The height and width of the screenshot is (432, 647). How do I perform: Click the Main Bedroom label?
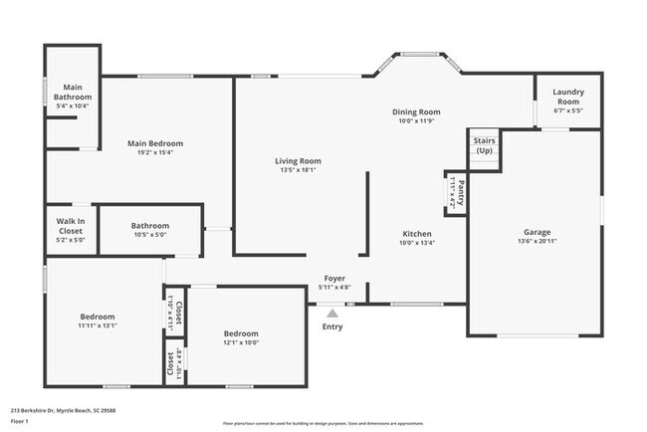(155, 143)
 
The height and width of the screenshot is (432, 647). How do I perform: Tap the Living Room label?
(298, 160)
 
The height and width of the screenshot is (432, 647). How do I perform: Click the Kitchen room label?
(416, 233)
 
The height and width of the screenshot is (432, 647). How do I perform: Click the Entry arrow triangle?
(332, 312)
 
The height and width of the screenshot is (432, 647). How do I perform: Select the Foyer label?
(333, 279)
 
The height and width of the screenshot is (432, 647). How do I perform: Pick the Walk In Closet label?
(70, 225)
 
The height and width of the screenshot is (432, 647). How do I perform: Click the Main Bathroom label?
(72, 92)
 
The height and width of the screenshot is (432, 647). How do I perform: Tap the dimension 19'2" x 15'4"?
(155, 152)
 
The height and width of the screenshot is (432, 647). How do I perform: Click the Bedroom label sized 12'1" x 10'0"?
(241, 333)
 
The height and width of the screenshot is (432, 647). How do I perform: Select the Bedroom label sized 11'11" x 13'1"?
(98, 317)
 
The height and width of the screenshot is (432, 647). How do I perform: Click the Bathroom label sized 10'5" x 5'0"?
(150, 226)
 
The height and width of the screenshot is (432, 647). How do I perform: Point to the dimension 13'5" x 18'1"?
(298, 169)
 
